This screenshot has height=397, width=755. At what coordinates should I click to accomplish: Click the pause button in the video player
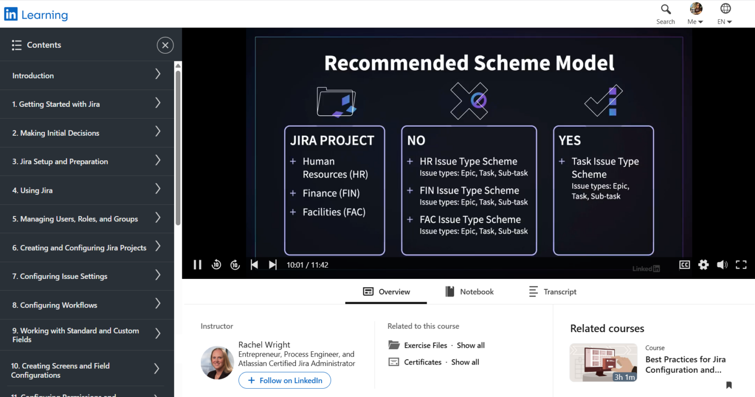point(198,265)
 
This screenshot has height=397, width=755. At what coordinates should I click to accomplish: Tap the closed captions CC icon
point(684,265)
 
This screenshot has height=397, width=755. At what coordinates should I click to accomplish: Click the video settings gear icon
point(703,265)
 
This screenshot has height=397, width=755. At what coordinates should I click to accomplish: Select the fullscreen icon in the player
point(741,265)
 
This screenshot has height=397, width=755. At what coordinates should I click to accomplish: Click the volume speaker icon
point(722,265)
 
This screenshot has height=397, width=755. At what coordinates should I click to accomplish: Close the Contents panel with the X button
point(165,45)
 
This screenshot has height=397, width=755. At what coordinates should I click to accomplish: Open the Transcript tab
point(552,292)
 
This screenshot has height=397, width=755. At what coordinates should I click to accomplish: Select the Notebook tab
point(469,292)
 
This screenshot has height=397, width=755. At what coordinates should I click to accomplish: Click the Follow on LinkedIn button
point(285,380)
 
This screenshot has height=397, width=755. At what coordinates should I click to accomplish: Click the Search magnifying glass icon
point(666,9)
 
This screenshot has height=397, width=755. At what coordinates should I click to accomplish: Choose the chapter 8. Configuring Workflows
point(55,305)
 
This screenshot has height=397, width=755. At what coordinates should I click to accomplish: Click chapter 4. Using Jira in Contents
point(32,190)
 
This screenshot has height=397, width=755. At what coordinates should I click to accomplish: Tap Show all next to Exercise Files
point(470,345)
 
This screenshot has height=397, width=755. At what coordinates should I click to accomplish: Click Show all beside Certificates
point(465,362)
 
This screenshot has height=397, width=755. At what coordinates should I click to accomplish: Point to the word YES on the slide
point(570,141)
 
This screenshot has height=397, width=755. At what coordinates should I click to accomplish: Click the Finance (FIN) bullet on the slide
point(331,193)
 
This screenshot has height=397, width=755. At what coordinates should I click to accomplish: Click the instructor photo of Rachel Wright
point(217,363)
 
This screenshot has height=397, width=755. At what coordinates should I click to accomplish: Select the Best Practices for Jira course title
point(685,365)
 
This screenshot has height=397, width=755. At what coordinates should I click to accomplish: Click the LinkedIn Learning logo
point(36,15)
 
